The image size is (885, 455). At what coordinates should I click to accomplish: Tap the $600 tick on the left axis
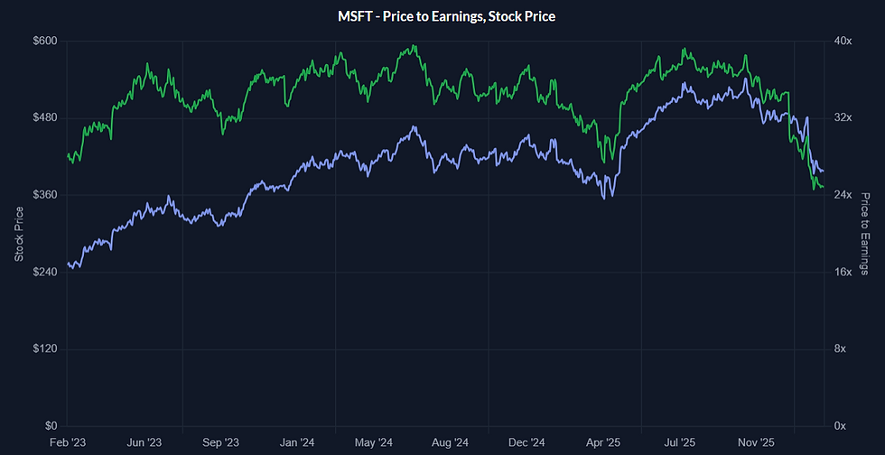tap(44, 41)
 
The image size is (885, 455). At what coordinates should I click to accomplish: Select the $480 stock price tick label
tap(44, 118)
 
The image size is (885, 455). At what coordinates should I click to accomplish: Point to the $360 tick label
tap(44, 195)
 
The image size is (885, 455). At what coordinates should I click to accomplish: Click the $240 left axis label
tap(44, 272)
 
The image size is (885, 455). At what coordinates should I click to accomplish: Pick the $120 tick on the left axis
tap(44, 348)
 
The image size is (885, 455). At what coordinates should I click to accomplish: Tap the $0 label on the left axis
tap(51, 426)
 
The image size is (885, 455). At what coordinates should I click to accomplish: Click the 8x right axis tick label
tap(839, 348)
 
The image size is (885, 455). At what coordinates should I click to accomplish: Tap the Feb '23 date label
tap(67, 442)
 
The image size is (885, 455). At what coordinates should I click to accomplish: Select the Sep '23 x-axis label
tap(220, 442)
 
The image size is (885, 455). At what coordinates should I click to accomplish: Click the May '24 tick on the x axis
tap(374, 442)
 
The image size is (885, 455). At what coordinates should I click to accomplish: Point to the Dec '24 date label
tap(526, 442)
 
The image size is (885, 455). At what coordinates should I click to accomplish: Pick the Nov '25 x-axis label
tap(757, 442)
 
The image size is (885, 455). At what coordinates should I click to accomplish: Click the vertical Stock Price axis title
tap(19, 234)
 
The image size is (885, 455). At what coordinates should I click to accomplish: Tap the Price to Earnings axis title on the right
tap(864, 234)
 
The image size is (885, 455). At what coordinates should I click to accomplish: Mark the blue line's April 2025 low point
tap(604, 198)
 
